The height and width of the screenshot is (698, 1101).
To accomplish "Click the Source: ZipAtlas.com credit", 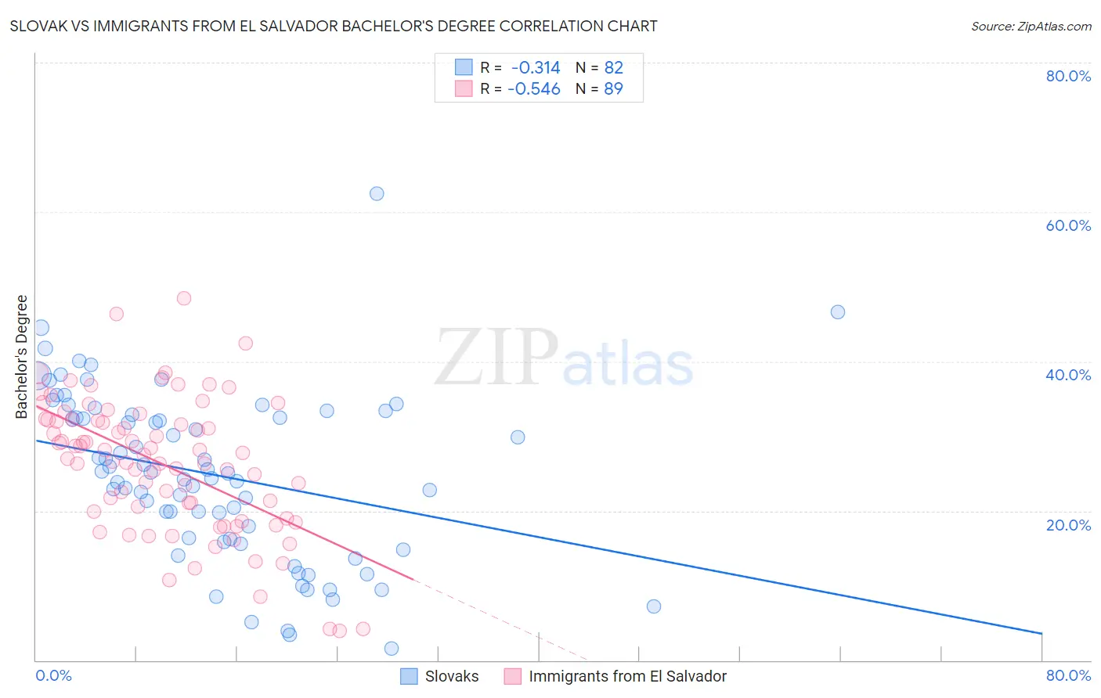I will pyautogui.click(x=1031, y=26).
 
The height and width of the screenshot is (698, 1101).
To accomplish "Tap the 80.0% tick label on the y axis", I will pyautogui.click(x=1068, y=76).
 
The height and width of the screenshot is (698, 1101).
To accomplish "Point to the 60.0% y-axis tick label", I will pyautogui.click(x=1068, y=225).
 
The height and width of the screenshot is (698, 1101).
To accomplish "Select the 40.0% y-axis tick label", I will pyautogui.click(x=1068, y=375).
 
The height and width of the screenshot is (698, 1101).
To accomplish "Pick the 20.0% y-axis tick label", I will pyautogui.click(x=1068, y=524).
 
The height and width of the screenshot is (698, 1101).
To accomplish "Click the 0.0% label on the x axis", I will pyautogui.click(x=53, y=675).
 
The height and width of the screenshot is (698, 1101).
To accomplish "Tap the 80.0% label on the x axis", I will pyautogui.click(x=1068, y=675).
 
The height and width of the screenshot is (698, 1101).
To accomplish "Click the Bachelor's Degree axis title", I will pyautogui.click(x=22, y=357).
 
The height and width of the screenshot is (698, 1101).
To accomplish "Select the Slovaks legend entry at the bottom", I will pyautogui.click(x=451, y=676).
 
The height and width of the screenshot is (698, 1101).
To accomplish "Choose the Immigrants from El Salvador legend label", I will pyautogui.click(x=627, y=676).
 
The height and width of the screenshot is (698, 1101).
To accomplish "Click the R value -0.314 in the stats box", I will pyautogui.click(x=536, y=67).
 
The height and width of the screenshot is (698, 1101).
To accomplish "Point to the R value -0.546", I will pyautogui.click(x=534, y=89).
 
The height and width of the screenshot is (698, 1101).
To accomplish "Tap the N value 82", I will pyautogui.click(x=613, y=67).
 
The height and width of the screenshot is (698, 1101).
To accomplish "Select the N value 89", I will pyautogui.click(x=613, y=89).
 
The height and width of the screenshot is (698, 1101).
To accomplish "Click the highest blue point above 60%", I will pyautogui.click(x=377, y=193).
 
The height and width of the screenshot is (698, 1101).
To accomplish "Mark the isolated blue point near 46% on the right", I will pyautogui.click(x=838, y=312).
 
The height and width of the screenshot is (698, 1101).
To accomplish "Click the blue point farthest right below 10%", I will pyautogui.click(x=654, y=606).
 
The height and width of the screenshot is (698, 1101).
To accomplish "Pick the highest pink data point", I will pyautogui.click(x=184, y=298).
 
